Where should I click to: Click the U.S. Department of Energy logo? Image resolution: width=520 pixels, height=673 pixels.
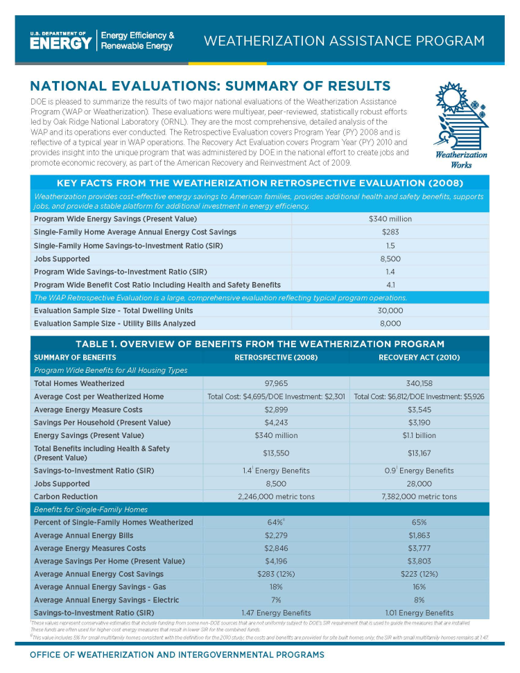(x=61, y=41)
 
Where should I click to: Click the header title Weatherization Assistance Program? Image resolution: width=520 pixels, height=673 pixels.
(x=344, y=41)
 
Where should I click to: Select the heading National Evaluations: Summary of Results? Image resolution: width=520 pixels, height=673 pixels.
(x=210, y=86)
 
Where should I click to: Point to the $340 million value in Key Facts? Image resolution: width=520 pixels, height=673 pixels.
(x=390, y=218)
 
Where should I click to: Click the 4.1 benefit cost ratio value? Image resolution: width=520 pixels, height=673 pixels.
(x=390, y=285)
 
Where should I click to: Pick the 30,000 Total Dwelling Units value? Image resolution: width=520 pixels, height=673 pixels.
(x=390, y=311)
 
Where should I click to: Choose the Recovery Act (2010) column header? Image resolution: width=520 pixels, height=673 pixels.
(x=419, y=357)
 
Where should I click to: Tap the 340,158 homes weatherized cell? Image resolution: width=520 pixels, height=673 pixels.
(x=419, y=383)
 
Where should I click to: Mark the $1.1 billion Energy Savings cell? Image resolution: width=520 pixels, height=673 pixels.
(x=419, y=435)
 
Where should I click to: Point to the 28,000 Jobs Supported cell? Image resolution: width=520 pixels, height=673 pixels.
(x=419, y=484)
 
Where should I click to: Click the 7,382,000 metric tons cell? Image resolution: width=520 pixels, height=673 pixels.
(x=419, y=497)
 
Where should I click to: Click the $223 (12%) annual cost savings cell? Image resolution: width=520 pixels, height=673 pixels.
(x=419, y=574)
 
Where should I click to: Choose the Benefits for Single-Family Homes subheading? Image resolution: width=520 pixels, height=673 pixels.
(x=91, y=509)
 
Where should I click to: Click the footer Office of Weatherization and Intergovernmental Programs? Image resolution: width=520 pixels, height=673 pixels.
(x=176, y=655)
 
